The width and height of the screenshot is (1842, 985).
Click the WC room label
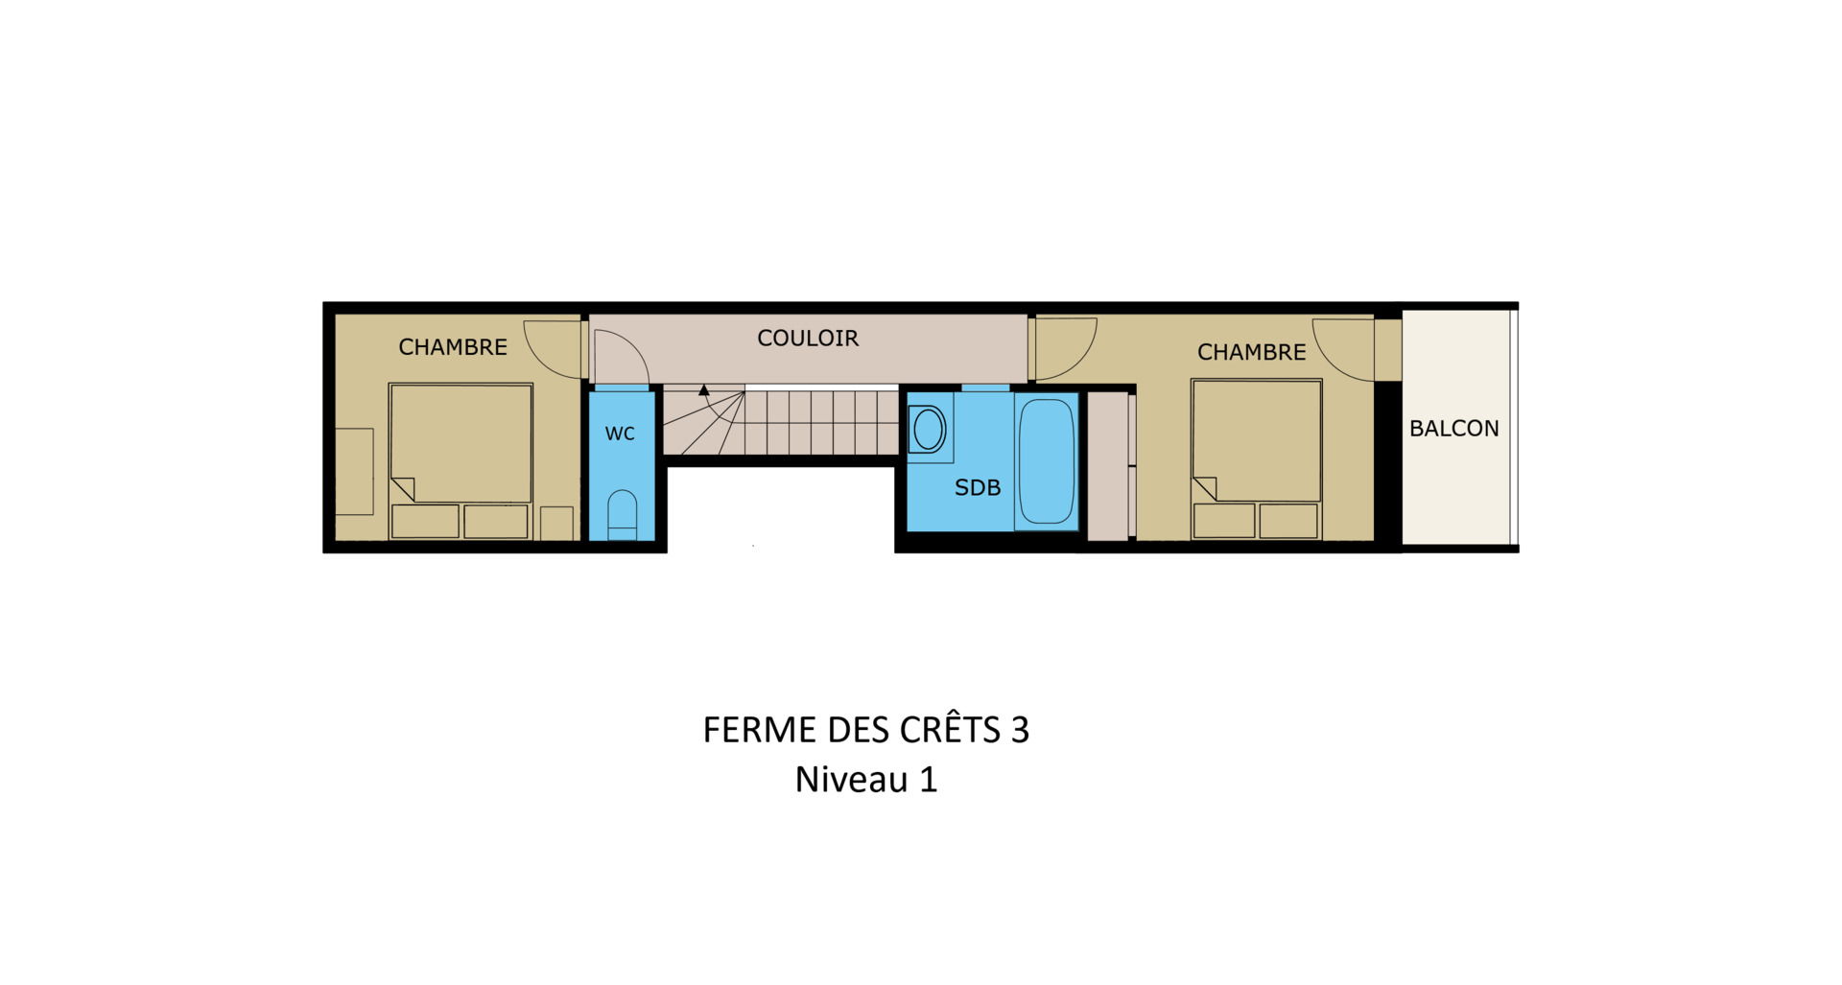pyautogui.click(x=620, y=434)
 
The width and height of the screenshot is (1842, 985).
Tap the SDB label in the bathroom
pyautogui.click(x=978, y=488)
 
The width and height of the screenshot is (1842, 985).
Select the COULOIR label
pyautogui.click(x=808, y=339)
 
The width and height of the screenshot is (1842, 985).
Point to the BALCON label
pyautogui.click(x=1453, y=429)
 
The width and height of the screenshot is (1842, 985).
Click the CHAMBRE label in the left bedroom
pyautogui.click(x=453, y=347)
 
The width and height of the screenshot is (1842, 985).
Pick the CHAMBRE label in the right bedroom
pyautogui.click(x=1251, y=352)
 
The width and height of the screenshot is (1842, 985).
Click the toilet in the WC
pyautogui.click(x=622, y=516)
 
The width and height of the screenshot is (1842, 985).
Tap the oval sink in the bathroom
pyautogui.click(x=929, y=429)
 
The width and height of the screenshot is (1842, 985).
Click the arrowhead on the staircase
pyautogui.click(x=703, y=390)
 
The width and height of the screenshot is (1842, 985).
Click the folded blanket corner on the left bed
pyautogui.click(x=403, y=489)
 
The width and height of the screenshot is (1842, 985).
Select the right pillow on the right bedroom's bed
pyautogui.click(x=1287, y=521)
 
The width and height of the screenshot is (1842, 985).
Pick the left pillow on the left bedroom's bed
pyautogui.click(x=425, y=522)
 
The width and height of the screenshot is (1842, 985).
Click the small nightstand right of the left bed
pyautogui.click(x=556, y=524)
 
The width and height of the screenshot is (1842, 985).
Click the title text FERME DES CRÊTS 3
pyautogui.click(x=866, y=730)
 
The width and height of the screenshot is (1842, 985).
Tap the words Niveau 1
pyautogui.click(x=866, y=780)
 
